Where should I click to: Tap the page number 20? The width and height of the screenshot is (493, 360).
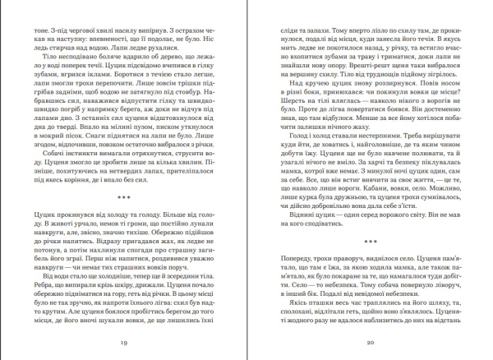coord(371,341)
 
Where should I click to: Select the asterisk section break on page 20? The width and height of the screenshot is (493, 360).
coord(371,241)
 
